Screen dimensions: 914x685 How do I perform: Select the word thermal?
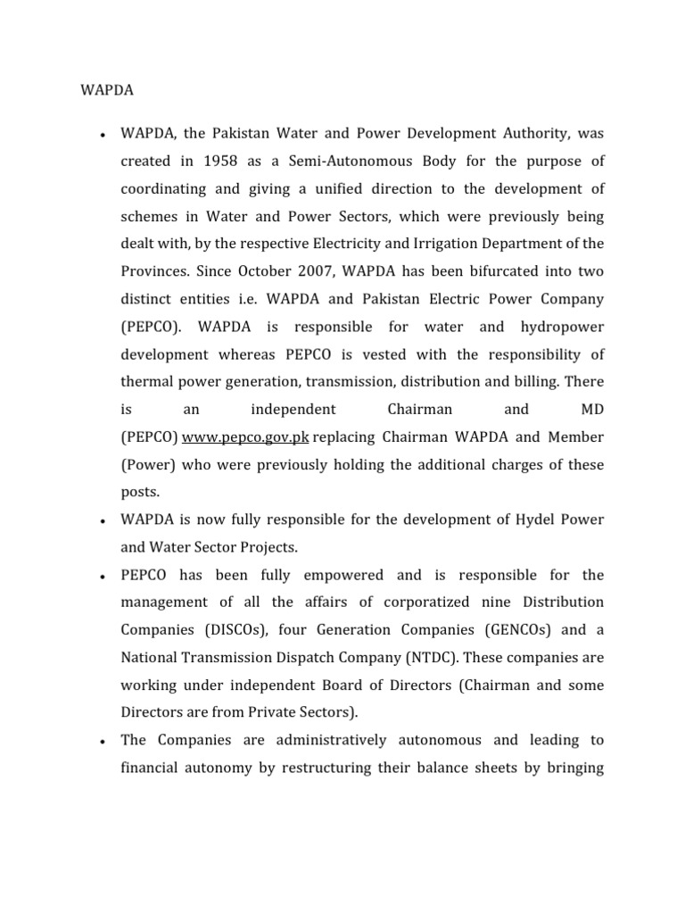point(147,382)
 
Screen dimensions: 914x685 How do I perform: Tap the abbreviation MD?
point(585,410)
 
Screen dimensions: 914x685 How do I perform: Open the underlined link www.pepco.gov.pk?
point(245,437)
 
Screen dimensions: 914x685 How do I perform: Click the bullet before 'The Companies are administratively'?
point(103,742)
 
